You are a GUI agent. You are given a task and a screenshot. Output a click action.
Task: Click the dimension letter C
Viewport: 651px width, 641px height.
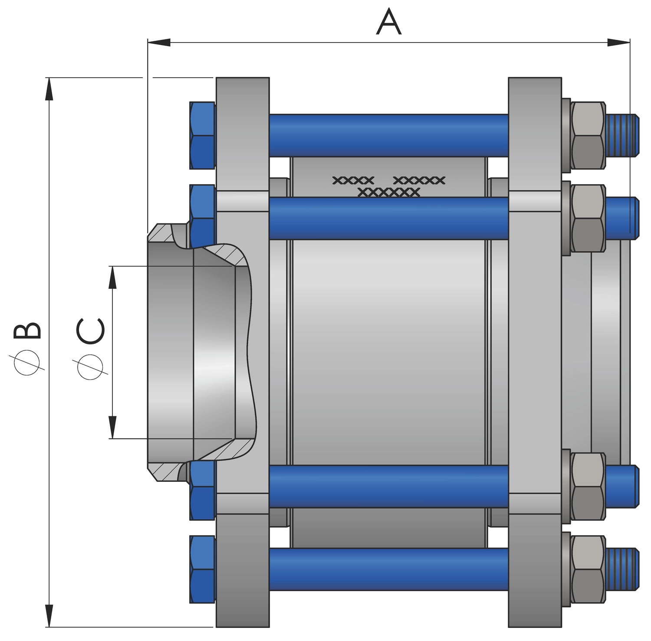pyautogui.click(x=91, y=331)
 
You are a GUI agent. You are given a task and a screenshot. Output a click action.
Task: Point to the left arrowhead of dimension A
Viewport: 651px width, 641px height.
pyautogui.click(x=159, y=42)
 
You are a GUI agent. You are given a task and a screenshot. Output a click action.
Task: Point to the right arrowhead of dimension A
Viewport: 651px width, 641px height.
pyautogui.click(x=618, y=42)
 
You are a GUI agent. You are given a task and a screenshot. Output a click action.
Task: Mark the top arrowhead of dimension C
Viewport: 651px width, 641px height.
pyautogui.click(x=112, y=277)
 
